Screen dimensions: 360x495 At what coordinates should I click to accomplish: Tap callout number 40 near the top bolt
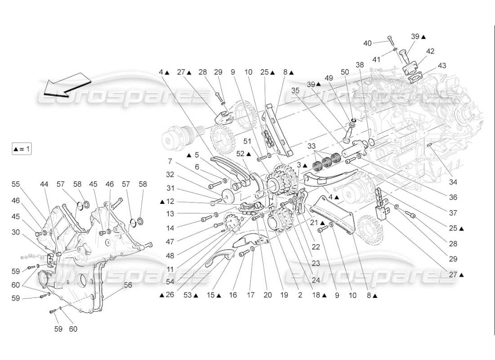pos(368,43)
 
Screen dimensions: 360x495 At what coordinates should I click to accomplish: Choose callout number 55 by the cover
pos(16,184)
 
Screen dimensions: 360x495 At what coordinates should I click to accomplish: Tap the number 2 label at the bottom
pos(300,296)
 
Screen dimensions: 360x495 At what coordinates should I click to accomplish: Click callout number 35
pos(295,90)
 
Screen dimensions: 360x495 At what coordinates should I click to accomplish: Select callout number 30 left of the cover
pos(16,232)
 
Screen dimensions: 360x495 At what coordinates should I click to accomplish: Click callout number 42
pos(430,51)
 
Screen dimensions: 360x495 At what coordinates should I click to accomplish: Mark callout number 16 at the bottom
pos(233,296)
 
